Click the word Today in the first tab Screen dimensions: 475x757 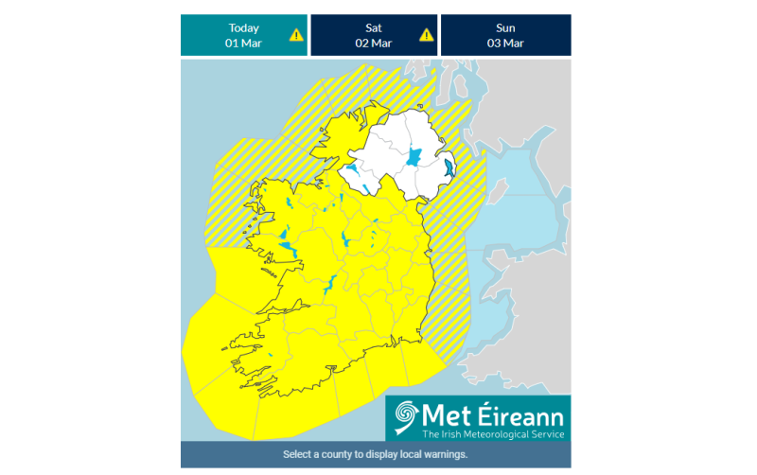(x=243, y=27)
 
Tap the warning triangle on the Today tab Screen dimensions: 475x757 (x=296, y=35)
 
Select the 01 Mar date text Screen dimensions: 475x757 (x=243, y=44)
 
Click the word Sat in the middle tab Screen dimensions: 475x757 (x=374, y=27)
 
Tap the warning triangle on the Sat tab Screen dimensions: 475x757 (x=427, y=35)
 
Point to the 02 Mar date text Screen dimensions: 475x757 (x=374, y=44)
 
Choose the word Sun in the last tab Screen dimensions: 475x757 (x=505, y=27)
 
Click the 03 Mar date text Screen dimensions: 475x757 (x=505, y=44)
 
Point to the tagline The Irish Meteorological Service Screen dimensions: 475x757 (x=493, y=434)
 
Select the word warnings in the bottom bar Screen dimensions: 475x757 (x=445, y=454)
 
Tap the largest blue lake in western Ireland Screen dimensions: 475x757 (x=287, y=249)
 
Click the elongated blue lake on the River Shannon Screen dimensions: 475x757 (x=333, y=283)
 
